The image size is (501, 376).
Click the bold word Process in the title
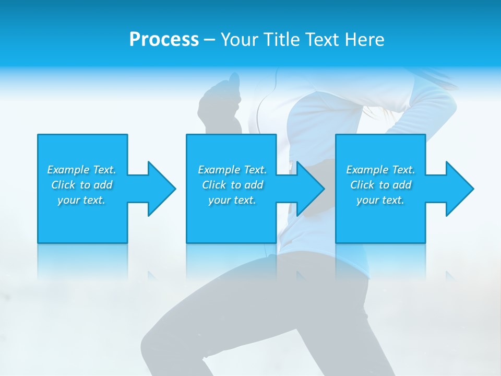point(164,40)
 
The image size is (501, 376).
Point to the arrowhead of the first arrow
point(162,189)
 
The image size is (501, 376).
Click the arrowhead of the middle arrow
point(311,189)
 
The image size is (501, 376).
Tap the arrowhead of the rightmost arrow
point(460,189)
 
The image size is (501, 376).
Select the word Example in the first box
point(68,170)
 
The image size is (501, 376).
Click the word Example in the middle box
point(219,170)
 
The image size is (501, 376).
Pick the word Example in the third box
point(367,170)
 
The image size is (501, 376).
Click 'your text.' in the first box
point(81,200)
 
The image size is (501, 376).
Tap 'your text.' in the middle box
point(232,200)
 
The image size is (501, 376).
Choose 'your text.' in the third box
point(380,200)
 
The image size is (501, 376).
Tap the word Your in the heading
point(237,40)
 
